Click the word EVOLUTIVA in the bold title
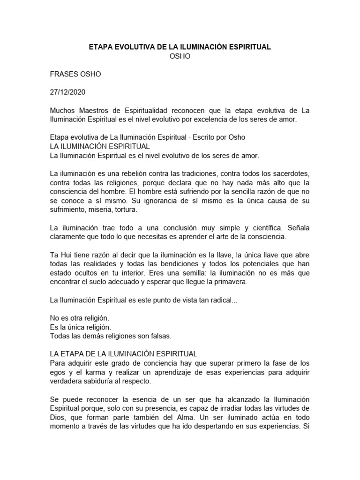click(134, 47)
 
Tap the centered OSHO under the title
click(180, 56)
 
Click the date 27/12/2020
click(68, 92)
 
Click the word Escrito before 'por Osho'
click(203, 137)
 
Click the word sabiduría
click(99, 381)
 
